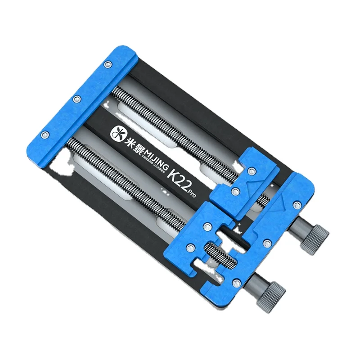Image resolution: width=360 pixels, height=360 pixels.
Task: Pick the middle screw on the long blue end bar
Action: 77,99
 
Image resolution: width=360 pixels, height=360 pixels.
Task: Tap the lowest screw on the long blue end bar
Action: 45,134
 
